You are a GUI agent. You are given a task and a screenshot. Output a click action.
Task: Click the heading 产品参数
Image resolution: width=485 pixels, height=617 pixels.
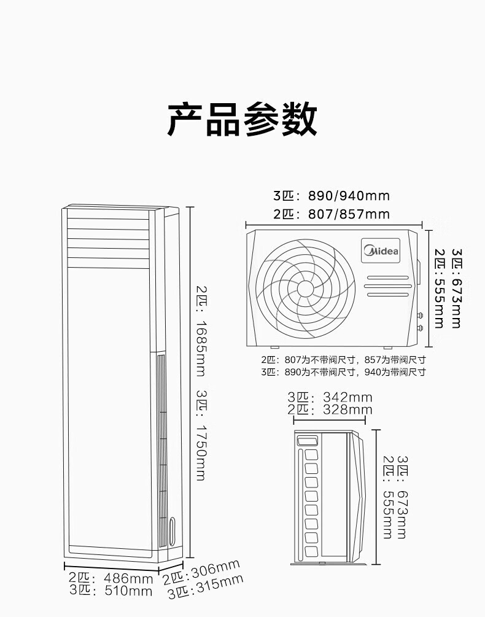pos(243,119)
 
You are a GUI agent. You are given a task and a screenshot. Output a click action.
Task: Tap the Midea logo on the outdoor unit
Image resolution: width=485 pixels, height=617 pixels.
pos(381,250)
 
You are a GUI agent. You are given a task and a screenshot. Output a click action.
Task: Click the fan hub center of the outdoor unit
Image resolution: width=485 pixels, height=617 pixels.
pos(305,289)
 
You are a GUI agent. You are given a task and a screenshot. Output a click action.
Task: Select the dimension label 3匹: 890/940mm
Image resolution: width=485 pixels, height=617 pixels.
pos(332,196)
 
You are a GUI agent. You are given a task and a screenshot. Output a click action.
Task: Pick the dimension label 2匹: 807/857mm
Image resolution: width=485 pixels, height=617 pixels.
pos(332,214)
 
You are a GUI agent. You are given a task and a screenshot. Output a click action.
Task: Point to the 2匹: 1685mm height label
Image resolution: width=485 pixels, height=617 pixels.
pos(201,331)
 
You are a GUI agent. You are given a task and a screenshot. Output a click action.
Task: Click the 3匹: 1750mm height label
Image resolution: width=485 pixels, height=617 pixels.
pos(201,436)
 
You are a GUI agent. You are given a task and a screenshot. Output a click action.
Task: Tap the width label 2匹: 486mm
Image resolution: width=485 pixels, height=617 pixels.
pos(111,578)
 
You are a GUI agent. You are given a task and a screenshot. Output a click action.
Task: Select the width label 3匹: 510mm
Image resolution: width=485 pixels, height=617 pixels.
pos(111,591)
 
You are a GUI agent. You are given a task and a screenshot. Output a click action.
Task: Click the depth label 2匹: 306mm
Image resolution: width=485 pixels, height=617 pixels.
pos(201,572)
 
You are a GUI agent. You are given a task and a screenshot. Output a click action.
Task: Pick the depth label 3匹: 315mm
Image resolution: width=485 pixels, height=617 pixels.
pos(205,587)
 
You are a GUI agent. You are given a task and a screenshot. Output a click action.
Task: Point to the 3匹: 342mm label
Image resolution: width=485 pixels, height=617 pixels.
pos(330,397)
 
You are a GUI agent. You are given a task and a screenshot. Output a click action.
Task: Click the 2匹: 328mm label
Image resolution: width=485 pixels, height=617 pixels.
pos(330,409)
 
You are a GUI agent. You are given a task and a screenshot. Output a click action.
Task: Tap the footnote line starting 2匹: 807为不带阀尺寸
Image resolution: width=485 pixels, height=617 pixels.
pos(343,360)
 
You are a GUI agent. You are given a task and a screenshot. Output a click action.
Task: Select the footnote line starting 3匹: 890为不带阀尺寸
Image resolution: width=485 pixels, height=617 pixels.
pos(343,372)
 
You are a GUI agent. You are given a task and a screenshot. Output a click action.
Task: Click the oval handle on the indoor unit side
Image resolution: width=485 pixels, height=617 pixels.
pos(172,532)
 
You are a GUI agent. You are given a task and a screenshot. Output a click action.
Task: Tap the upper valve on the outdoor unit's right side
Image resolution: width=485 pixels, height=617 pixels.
pos(420,315)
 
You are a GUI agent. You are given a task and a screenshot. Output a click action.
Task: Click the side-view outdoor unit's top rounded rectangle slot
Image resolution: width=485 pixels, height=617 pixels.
pos(308,440)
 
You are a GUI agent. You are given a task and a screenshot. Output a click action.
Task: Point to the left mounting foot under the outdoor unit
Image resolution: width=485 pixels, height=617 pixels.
pos(274,347)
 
